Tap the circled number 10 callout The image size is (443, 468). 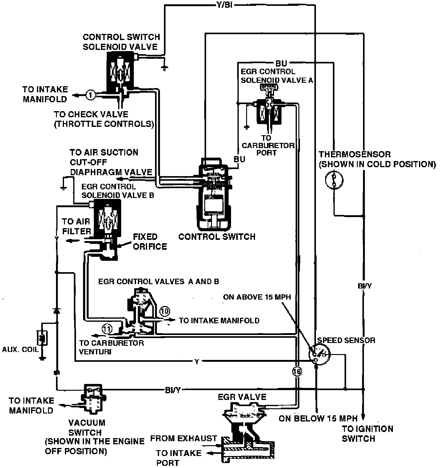pos(165,311)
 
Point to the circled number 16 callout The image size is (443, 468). pos(297,372)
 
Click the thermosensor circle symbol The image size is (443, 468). pos(334,180)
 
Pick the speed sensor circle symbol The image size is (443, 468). pos(319,353)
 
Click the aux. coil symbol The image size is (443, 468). pos(42,338)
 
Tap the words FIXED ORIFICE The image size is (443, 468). pos(150,242)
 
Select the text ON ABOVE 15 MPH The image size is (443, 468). pos(257,297)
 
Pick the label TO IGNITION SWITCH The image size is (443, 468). pos(368,434)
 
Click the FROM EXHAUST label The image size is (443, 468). pos(184,438)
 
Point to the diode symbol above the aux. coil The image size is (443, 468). pos(56,310)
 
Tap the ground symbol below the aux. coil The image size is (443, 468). pos(42,358)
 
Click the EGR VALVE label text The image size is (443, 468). pos(242,397)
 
